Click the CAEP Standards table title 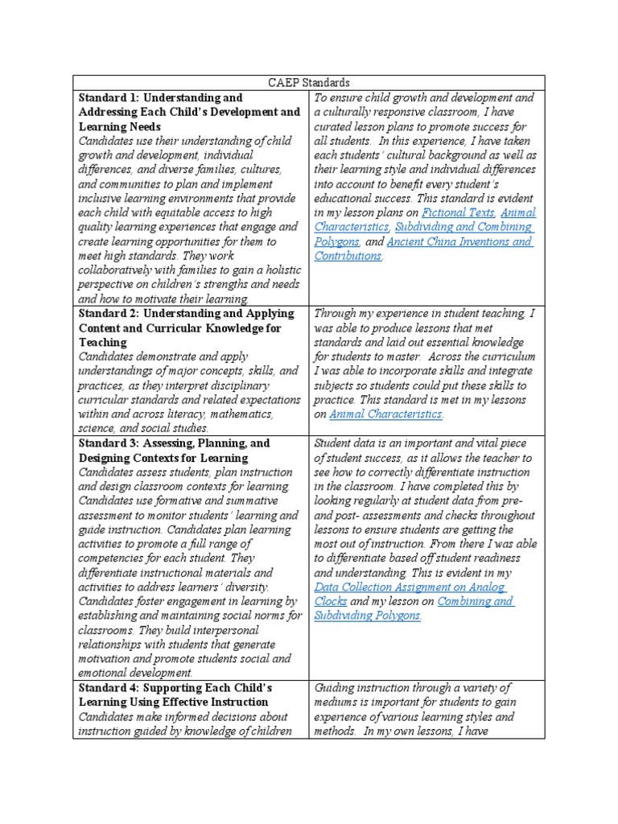(309, 83)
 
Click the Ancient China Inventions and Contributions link (459, 241)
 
